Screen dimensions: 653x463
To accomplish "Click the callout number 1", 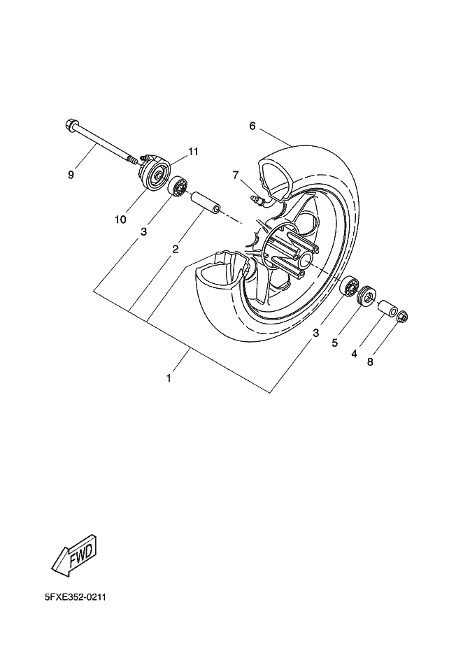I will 169,378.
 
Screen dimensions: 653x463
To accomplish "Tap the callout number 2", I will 175,248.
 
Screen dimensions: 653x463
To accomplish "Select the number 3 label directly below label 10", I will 143,231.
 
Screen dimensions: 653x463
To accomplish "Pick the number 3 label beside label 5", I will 316,333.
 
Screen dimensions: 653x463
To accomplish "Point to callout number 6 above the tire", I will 233,126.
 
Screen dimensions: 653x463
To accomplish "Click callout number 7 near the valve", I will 236,174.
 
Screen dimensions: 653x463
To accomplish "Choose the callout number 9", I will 71,175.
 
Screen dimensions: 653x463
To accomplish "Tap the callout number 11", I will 193,151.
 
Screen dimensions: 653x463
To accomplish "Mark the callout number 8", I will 371,362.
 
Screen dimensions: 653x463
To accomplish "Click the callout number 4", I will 354,354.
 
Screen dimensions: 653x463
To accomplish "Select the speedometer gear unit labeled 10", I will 155,174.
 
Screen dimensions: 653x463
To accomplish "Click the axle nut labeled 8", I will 402,317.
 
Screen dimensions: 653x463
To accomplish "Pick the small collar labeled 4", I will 387,308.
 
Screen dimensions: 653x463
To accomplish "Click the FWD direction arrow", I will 74,556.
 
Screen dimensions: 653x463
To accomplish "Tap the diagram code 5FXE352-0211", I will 75,598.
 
